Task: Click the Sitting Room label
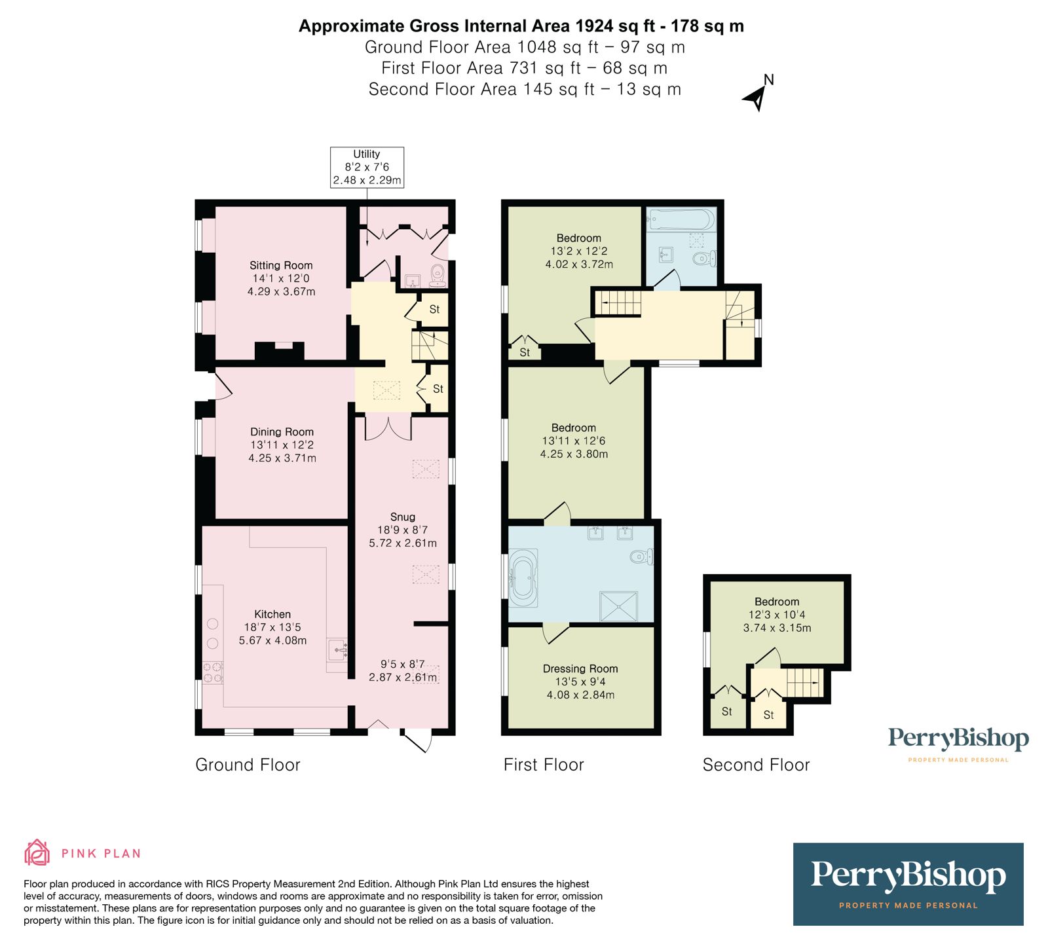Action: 281,265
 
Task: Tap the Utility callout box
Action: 367,167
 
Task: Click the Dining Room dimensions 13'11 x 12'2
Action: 282,445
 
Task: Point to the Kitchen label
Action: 272,614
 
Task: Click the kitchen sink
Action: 338,651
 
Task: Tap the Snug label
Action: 403,517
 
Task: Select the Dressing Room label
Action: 580,668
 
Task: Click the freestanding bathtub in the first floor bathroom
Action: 524,578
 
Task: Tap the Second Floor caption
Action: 756,765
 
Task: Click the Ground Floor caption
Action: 248,765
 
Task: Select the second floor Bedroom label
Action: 777,602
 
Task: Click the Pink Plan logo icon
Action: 37,852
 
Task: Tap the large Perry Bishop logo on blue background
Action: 908,884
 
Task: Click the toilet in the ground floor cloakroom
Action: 438,275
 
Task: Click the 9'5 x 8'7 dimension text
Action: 403,664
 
